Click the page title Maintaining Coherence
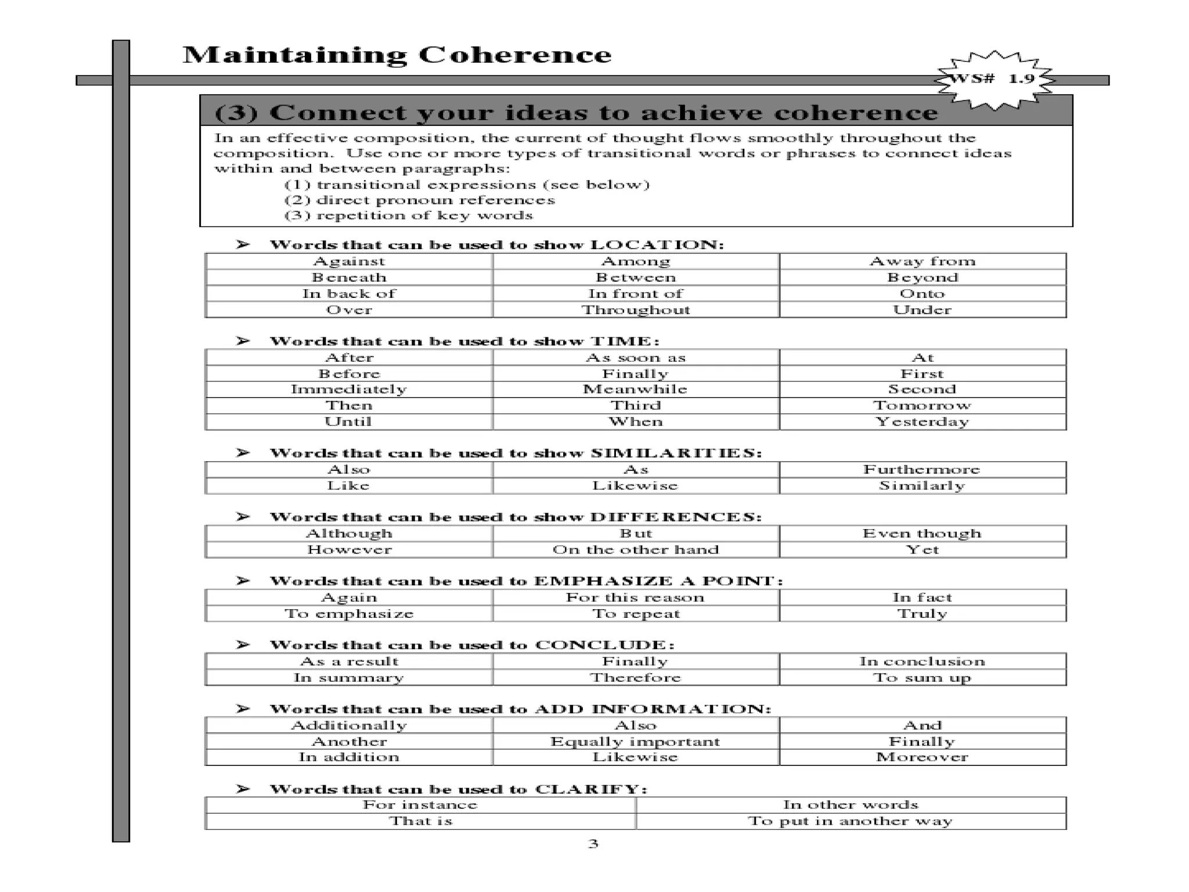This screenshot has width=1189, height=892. [x=397, y=55]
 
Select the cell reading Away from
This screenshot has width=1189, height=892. [x=922, y=261]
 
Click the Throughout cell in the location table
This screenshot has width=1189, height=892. [x=636, y=310]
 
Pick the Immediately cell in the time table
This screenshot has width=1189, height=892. [x=349, y=389]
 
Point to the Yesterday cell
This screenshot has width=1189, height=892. [x=922, y=422]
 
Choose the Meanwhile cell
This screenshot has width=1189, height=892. [x=635, y=389]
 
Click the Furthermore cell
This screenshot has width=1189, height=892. [x=922, y=469]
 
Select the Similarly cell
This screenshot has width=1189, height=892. [x=922, y=485]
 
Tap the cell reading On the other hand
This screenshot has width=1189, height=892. [x=636, y=549]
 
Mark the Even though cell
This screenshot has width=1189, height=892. [x=922, y=533]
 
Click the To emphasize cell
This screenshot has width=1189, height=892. [x=349, y=613]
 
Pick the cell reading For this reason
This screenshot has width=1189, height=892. [x=635, y=597]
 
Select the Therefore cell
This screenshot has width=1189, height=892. [x=636, y=677]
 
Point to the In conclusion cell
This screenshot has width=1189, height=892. [x=922, y=661]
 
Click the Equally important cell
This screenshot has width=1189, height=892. [x=635, y=741]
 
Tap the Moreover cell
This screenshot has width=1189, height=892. [x=922, y=757]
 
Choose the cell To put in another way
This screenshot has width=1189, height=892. [x=850, y=821]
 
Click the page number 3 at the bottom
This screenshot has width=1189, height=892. [x=593, y=843]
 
